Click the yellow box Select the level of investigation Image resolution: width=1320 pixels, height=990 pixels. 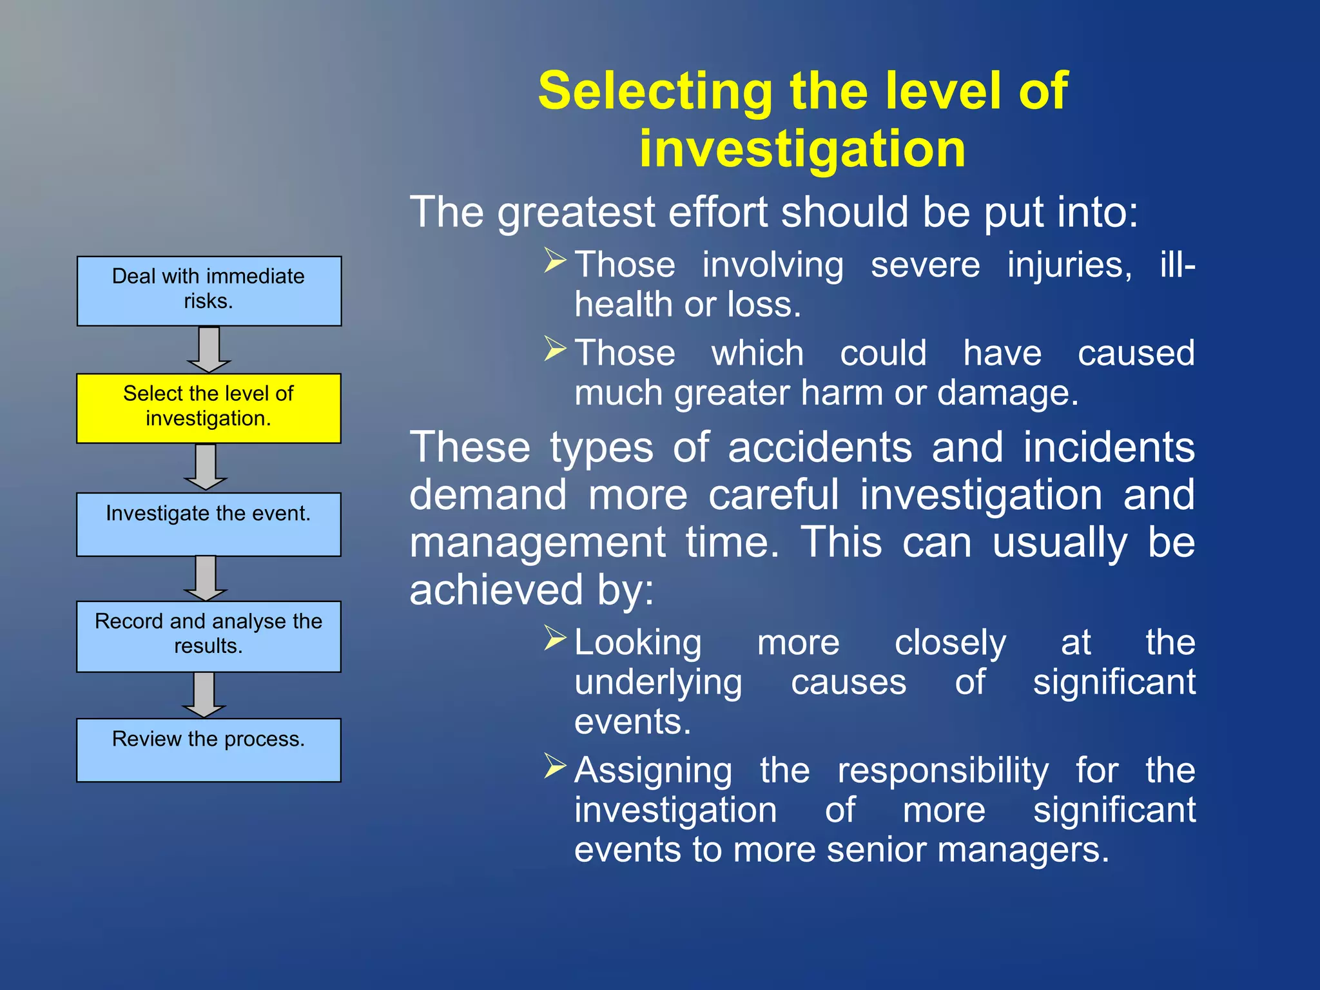coord(208,408)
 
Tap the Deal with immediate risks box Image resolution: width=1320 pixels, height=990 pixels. coord(209,291)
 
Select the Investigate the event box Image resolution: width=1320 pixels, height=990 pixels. coord(208,524)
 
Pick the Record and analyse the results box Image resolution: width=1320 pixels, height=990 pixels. coord(208,636)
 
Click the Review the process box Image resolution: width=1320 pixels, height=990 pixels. coord(208,750)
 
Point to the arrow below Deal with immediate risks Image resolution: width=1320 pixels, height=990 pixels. coord(208,349)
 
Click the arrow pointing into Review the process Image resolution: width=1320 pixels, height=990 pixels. coord(204,694)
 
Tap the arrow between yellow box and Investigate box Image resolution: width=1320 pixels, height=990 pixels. coord(205,467)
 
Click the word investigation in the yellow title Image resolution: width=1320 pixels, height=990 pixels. coord(802,149)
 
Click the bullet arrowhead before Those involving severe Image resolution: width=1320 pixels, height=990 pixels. coord(554,260)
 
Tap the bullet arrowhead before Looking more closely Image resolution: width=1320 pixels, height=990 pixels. coord(554,638)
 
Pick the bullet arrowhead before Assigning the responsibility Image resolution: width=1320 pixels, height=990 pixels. coord(554,766)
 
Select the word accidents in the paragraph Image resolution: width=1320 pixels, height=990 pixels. coord(820,447)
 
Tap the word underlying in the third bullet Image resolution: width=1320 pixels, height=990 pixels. coord(658,683)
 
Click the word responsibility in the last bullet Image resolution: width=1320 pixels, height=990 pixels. coord(942,770)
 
